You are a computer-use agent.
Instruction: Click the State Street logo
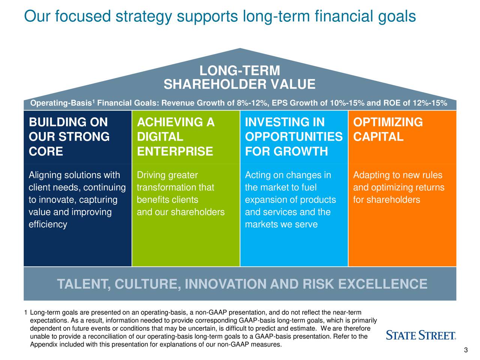click(x=421, y=335)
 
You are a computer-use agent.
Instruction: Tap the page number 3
click(x=466, y=350)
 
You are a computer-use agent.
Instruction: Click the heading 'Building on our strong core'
click(x=69, y=136)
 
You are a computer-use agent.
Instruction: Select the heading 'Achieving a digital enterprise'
click(x=175, y=136)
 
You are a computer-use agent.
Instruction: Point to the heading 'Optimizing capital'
click(x=388, y=129)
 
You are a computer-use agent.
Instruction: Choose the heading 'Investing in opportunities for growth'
click(x=294, y=136)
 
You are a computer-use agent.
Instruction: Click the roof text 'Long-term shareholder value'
click(x=240, y=77)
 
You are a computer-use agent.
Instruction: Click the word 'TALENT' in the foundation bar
click(x=84, y=284)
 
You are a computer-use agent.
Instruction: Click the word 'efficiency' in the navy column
click(x=48, y=225)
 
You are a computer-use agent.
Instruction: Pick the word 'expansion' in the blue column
click(x=263, y=200)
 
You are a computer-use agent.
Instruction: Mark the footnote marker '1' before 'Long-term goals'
click(x=25, y=313)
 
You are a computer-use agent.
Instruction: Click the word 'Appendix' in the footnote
click(x=44, y=345)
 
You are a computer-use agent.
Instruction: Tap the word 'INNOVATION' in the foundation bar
click(x=225, y=284)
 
